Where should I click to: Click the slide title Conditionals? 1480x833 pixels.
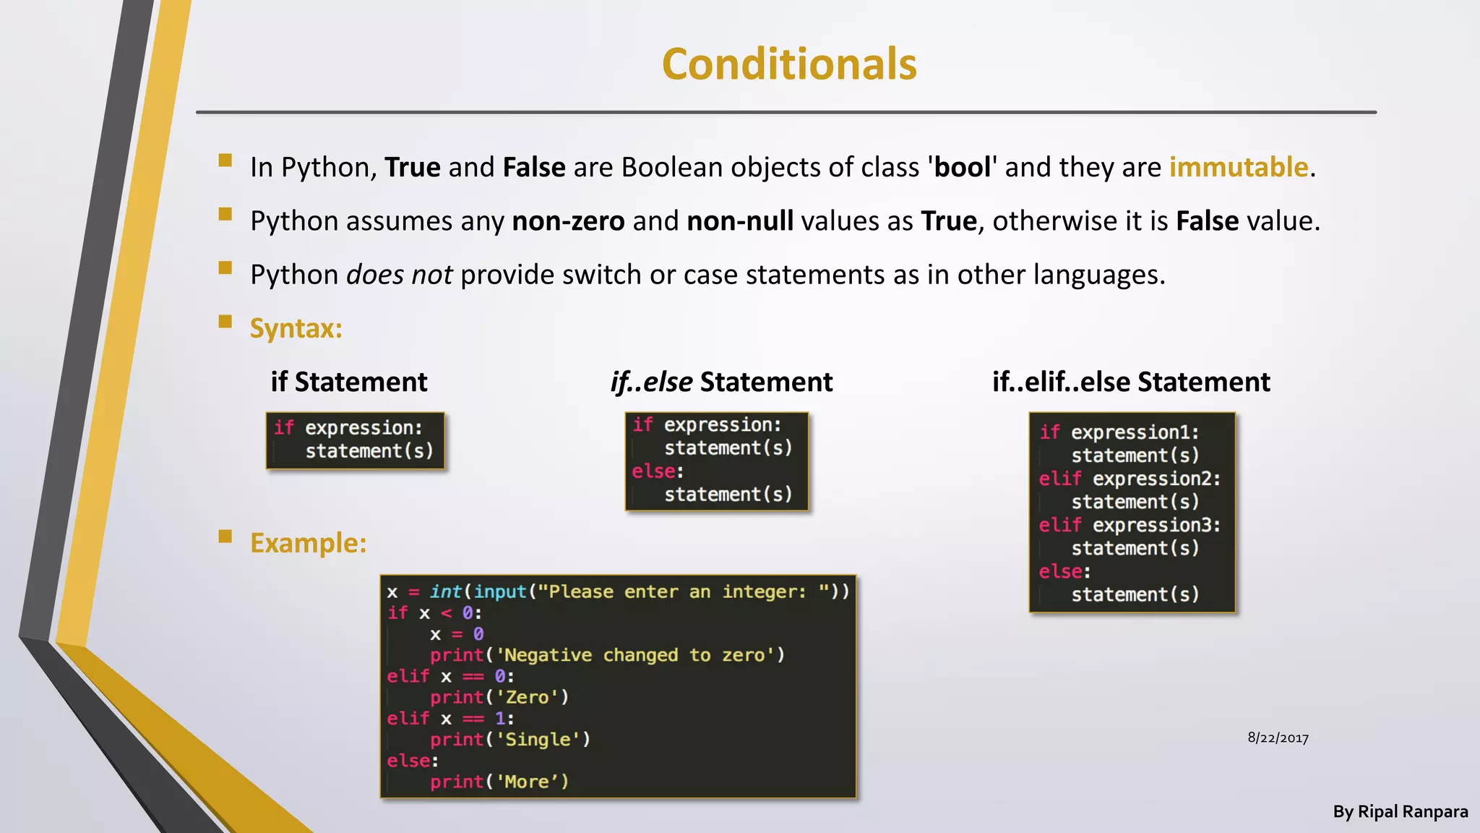(x=789, y=64)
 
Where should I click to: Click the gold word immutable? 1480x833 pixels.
(x=1239, y=167)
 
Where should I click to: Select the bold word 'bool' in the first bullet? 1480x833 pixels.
(x=962, y=167)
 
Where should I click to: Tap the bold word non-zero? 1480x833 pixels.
(x=568, y=221)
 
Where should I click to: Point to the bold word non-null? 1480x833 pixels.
(x=740, y=221)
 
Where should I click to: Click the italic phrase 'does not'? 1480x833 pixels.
(x=399, y=275)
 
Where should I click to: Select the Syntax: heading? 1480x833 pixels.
(x=296, y=328)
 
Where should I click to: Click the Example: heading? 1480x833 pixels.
(x=308, y=543)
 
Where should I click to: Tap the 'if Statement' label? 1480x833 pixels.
(x=349, y=382)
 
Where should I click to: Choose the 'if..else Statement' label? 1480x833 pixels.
(x=721, y=382)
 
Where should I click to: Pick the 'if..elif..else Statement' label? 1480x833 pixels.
(x=1131, y=382)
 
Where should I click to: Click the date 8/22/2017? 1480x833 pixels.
(x=1278, y=738)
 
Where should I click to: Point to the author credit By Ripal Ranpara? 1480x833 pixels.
(x=1400, y=812)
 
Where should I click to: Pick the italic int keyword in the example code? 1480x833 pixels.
(x=445, y=592)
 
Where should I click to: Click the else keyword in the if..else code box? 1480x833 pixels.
(x=654, y=471)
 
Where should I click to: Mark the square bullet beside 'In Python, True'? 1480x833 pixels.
(x=225, y=161)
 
